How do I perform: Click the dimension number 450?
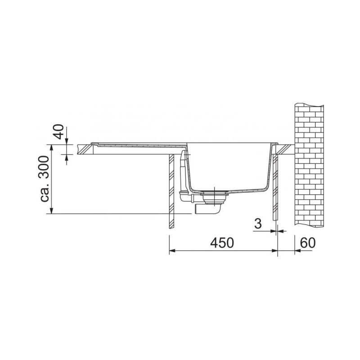tap(222, 243)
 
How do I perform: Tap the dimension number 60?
tap(308, 243)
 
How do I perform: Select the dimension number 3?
tap(258, 223)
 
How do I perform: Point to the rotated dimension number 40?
tap(59, 131)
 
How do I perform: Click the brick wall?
tap(309, 166)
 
